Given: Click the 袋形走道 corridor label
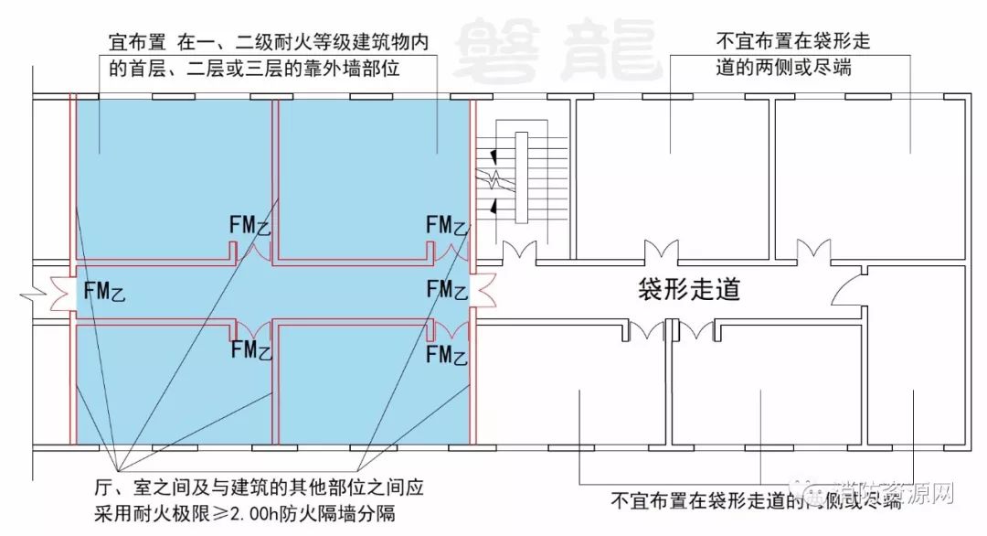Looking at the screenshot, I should click(688, 291).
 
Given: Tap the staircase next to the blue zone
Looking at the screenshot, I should click(521, 177).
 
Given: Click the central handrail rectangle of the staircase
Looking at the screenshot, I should click(522, 177).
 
